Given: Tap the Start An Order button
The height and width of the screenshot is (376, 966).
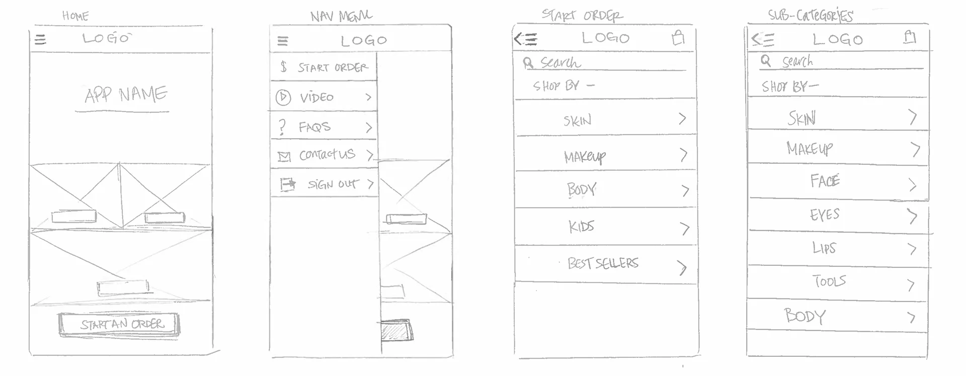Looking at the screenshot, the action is [x=120, y=324].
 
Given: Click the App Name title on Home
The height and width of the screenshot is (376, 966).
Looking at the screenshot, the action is [x=125, y=95].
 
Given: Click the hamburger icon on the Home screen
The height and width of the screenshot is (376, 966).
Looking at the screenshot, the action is [x=40, y=39].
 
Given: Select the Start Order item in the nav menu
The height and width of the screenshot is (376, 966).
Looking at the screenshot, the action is [x=332, y=67].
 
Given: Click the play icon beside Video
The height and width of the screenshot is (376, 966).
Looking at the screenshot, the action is [x=283, y=97].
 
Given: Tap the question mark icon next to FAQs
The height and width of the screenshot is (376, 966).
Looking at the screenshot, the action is [x=282, y=127].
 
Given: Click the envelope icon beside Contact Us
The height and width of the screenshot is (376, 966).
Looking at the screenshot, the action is [x=284, y=157].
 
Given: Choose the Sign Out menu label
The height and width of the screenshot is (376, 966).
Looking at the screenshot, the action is [x=333, y=184].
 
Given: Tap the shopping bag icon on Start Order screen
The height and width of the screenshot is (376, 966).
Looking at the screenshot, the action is [x=678, y=38].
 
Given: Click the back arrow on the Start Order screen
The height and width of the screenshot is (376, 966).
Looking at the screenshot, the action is [x=525, y=39].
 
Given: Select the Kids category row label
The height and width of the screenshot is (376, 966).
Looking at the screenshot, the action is [x=581, y=227].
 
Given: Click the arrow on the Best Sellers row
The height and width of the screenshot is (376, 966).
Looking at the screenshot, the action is [x=682, y=267].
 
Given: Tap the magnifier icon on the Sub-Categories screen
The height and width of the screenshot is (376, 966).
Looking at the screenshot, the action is [x=766, y=61].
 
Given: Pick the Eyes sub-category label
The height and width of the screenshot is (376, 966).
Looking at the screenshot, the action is [x=824, y=215].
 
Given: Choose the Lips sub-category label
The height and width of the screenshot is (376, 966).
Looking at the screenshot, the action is [x=824, y=248].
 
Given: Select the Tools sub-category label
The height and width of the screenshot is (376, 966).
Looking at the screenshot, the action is [x=829, y=281].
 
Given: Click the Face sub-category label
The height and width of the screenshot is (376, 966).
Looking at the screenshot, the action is [x=825, y=181].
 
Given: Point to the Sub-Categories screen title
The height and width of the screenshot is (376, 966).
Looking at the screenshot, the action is [x=810, y=16].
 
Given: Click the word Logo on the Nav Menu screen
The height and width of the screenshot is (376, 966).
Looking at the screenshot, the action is [x=364, y=41].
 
